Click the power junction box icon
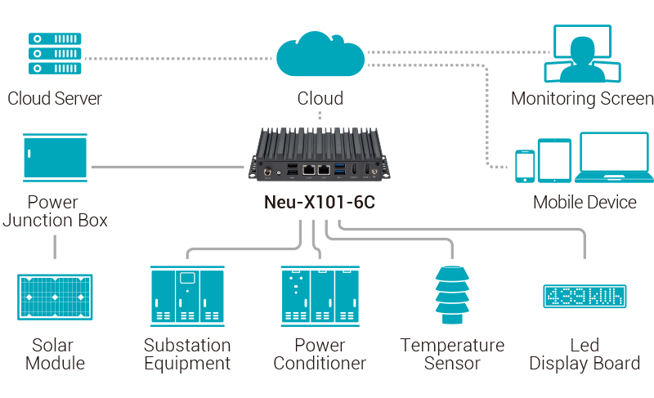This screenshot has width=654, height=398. tap(55, 159)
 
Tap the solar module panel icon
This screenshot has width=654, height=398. tap(55, 296)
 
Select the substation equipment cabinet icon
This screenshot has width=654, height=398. tap(187, 297)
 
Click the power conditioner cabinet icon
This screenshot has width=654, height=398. tap(319, 297)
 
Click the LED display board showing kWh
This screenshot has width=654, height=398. tap(584, 296)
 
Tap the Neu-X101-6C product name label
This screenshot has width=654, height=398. tap(320, 202)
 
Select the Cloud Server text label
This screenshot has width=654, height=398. tap(55, 99)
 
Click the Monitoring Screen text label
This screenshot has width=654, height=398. tap(582, 99)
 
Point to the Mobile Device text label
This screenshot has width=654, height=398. tap(584, 202)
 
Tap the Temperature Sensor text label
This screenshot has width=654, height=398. tap(452, 354)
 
